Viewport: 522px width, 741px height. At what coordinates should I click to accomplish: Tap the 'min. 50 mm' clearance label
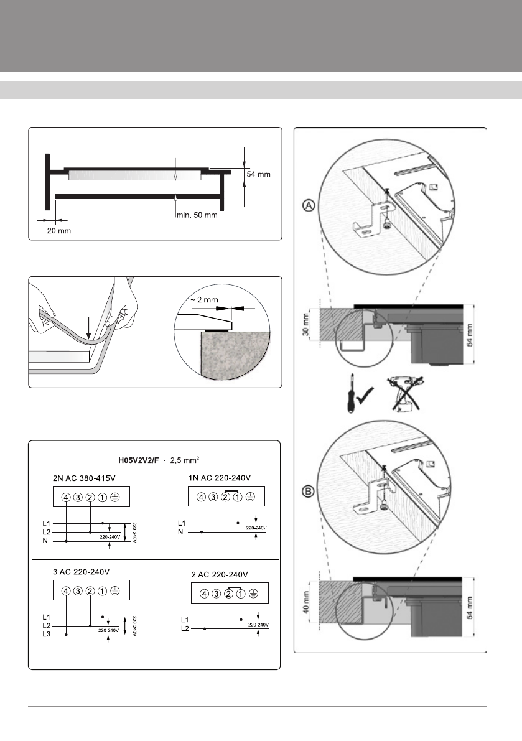click(196, 215)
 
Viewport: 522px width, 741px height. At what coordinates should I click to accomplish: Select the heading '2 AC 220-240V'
click(218, 574)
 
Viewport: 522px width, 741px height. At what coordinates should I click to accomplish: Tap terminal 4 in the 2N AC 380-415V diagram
click(66, 496)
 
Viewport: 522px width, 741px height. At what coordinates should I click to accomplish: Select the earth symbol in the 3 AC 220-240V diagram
click(114, 591)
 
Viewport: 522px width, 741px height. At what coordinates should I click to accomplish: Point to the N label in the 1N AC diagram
click(180, 532)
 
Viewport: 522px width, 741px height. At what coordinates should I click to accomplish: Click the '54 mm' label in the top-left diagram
click(258, 175)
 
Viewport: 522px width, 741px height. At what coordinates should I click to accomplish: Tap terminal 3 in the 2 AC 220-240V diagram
click(217, 594)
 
